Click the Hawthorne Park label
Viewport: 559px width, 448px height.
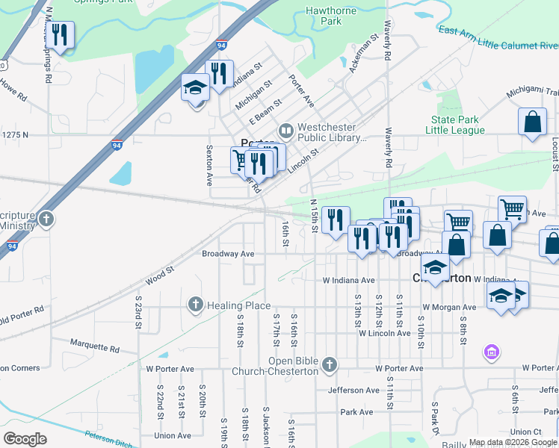tap(324, 16)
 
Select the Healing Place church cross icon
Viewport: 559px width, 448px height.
tap(195, 305)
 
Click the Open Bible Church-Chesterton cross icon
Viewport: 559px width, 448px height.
tap(330, 364)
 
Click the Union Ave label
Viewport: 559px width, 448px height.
tap(172, 435)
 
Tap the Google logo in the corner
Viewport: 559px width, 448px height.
tap(25, 439)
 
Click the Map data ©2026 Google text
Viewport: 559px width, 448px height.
tap(513, 442)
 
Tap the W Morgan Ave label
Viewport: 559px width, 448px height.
tap(448, 307)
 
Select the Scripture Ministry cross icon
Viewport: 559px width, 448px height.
tap(46, 219)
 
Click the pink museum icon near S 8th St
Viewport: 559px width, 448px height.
tap(491, 351)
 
